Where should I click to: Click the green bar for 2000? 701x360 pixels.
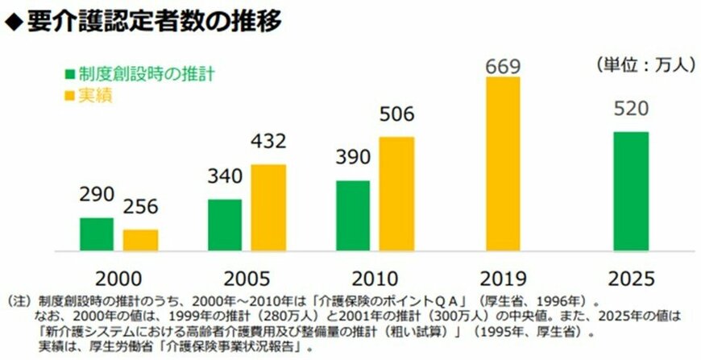point(96,234)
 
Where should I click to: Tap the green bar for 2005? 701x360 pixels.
point(225,226)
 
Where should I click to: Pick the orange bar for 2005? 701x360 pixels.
point(268,208)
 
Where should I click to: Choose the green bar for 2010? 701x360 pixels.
point(353,216)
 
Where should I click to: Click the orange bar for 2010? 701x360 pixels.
point(396,194)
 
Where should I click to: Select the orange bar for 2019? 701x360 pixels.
point(503,163)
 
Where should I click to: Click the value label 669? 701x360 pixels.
point(503,64)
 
